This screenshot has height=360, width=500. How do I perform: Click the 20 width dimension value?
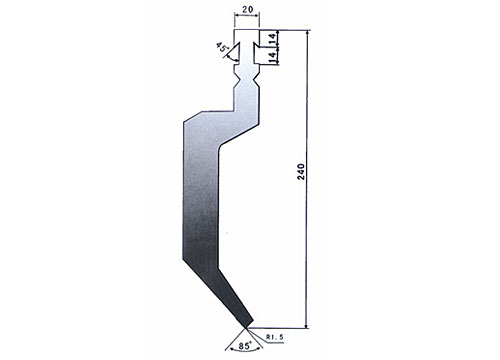pyautogui.click(x=247, y=10)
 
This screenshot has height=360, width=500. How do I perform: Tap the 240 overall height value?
pyautogui.click(x=301, y=172)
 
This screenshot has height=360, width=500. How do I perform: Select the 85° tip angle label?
pyautogui.click(x=244, y=346)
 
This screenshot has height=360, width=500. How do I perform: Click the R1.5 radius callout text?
pyautogui.click(x=275, y=337)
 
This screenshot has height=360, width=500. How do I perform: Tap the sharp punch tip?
pyautogui.click(x=246, y=328)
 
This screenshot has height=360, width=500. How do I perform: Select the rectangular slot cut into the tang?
pyautogui.click(x=256, y=52)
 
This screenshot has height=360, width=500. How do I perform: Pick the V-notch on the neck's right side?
pyautogui.click(x=256, y=80)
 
